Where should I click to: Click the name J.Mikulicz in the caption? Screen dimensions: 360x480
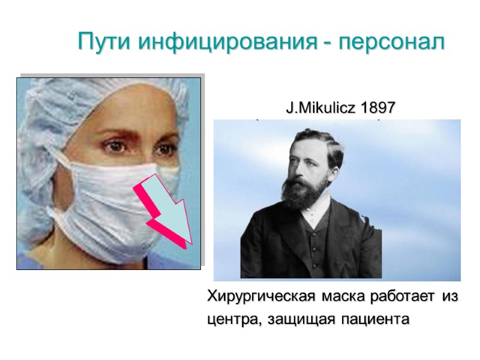point(319,109)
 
